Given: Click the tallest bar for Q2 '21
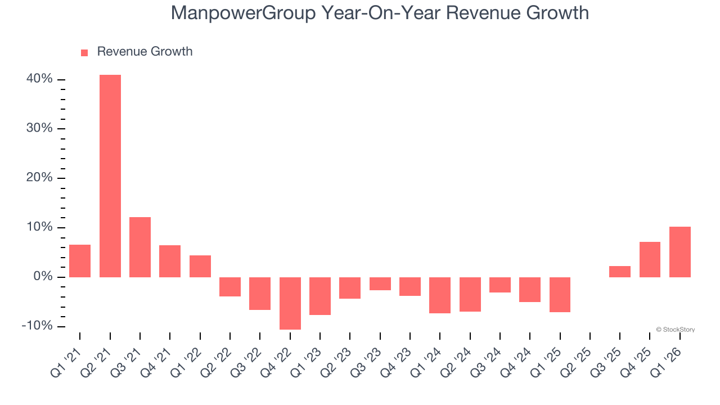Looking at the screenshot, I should coord(110,175).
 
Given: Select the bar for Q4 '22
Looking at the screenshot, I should coord(290,303).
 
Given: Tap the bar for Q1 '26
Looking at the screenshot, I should coord(680,252).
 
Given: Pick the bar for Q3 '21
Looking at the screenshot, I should coord(140,247).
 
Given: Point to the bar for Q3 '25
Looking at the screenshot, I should coord(620,272).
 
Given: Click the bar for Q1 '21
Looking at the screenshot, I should coord(80,261).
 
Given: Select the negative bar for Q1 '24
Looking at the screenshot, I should coord(440,295).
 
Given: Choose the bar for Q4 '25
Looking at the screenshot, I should coord(650,259).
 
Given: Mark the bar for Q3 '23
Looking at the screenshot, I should coord(380,284).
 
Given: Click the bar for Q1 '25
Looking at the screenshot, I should coord(560,295).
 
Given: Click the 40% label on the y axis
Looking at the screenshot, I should coord(39,79).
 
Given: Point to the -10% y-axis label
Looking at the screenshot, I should coord(37,326).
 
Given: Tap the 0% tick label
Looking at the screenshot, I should coord(43,277).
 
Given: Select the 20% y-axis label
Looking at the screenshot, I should coord(39,178).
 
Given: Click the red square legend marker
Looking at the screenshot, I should coord(84,52).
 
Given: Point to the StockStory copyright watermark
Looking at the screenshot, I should coord(675,330).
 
